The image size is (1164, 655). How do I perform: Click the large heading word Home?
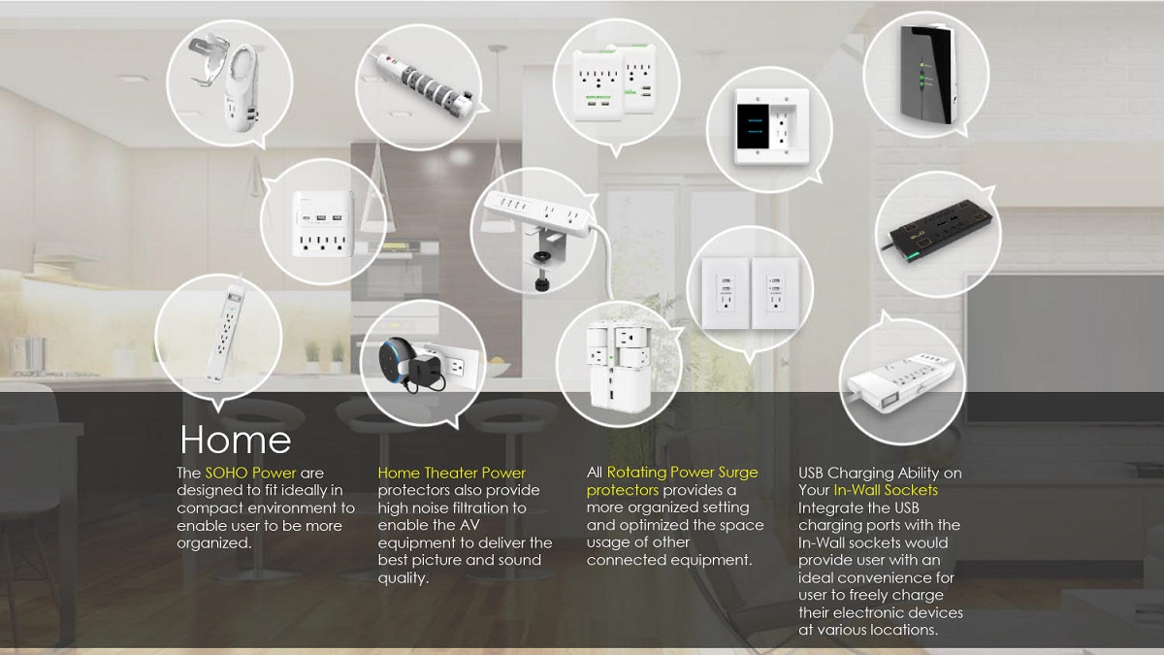coord(236,441)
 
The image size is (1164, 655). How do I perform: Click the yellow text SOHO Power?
coord(250,474)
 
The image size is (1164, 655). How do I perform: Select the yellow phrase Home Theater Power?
coord(452,474)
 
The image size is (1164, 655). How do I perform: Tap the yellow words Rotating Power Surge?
coord(682,473)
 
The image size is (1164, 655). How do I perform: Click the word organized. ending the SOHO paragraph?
coord(214,543)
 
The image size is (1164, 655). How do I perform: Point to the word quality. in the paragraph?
coord(404,578)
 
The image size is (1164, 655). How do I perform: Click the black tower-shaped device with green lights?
coord(927,73)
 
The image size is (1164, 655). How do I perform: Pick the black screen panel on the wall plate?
coord(753,126)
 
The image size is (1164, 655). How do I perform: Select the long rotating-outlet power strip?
coord(424,84)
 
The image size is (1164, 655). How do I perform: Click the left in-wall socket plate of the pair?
coord(726,294)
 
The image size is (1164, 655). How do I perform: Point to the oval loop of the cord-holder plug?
coord(242,68)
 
